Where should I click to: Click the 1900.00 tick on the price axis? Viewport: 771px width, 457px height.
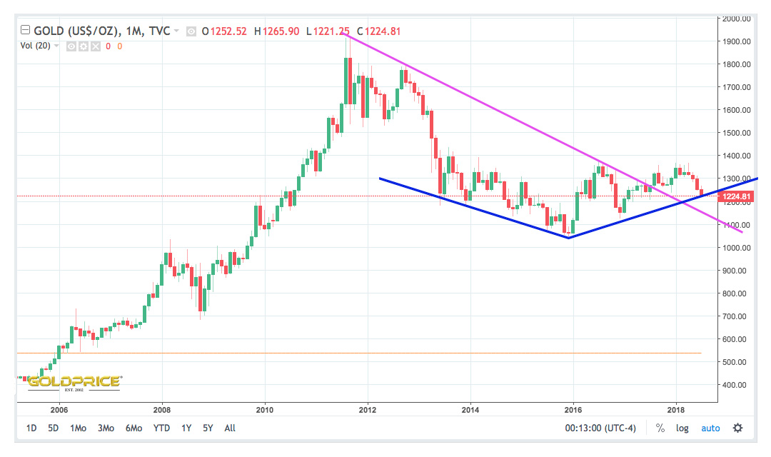(735, 41)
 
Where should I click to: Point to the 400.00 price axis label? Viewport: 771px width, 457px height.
(735, 385)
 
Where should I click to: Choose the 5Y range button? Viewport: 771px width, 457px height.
(208, 428)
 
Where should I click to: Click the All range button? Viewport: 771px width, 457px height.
(230, 428)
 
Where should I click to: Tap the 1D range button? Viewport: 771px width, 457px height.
(31, 428)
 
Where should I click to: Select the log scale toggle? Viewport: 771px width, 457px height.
(682, 428)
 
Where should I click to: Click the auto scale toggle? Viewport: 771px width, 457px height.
(710, 428)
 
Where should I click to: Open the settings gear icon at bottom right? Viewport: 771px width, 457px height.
(737, 428)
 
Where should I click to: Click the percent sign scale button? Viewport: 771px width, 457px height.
(660, 428)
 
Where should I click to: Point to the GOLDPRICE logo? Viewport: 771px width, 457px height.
(74, 382)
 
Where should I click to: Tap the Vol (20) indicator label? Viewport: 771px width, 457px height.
(35, 46)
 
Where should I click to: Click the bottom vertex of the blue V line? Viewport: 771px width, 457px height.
(568, 238)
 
